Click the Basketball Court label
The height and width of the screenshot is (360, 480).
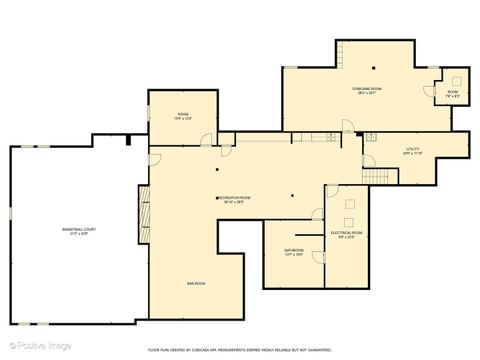click(77, 229)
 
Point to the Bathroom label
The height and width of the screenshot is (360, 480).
click(293, 250)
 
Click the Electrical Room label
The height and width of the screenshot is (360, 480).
click(347, 232)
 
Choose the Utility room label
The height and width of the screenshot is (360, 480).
click(413, 149)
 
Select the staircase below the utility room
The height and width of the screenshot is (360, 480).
click(373, 175)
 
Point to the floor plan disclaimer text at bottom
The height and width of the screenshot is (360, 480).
click(239, 350)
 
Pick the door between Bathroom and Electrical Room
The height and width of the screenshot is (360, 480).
click(317, 216)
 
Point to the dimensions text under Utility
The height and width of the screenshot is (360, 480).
click(413, 154)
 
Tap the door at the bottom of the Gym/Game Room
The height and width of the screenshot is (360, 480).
click(346, 127)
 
